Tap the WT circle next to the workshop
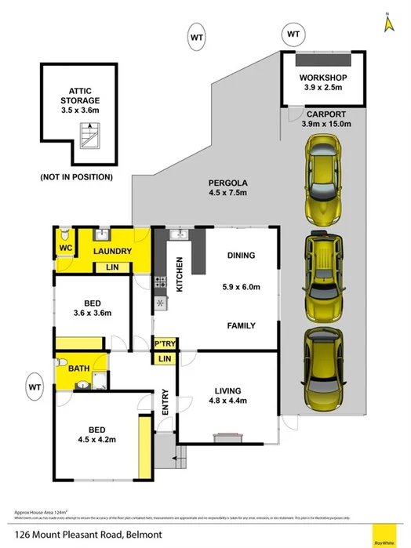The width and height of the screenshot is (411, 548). click(x=293, y=34)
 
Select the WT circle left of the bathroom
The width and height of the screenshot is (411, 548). click(x=35, y=386)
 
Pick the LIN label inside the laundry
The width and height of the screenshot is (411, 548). click(x=112, y=268)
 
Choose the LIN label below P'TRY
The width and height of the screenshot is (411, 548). click(x=164, y=359)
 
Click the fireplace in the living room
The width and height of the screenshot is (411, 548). click(x=226, y=437)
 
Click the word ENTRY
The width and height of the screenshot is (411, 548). click(x=165, y=401)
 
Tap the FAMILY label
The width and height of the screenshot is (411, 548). click(x=242, y=325)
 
